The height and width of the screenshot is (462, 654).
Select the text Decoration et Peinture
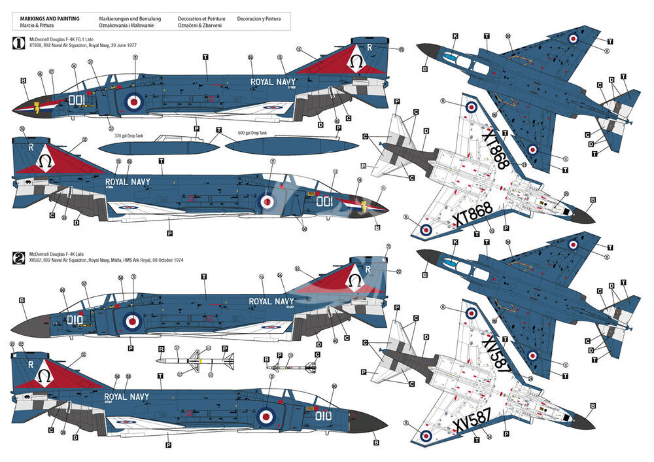click(202, 19)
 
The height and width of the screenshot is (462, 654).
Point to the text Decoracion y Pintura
click(259, 19)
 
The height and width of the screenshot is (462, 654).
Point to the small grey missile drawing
click(292, 367)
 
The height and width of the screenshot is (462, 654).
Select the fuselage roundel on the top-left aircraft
click(133, 101)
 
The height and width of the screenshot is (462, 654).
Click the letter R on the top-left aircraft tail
click(370, 47)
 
